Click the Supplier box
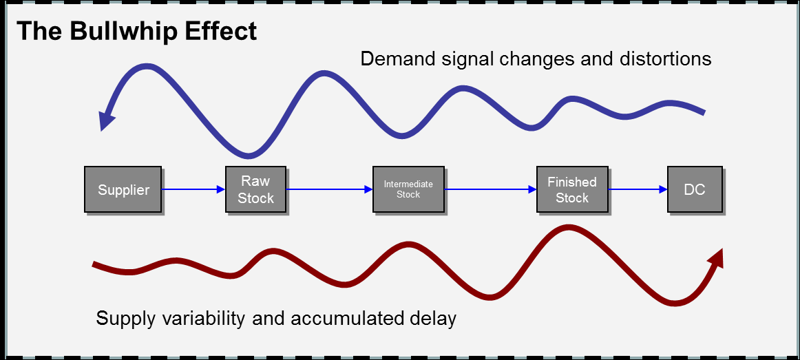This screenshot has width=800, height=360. click(123, 189)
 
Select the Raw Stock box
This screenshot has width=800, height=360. click(255, 189)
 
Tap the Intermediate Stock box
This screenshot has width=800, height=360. click(408, 189)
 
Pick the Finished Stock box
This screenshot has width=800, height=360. click(572, 189)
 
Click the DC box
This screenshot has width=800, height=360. click(695, 189)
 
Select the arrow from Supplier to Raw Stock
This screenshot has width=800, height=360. click(193, 189)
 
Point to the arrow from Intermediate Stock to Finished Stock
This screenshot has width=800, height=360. click(491, 189)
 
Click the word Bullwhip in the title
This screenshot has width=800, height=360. click(121, 32)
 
